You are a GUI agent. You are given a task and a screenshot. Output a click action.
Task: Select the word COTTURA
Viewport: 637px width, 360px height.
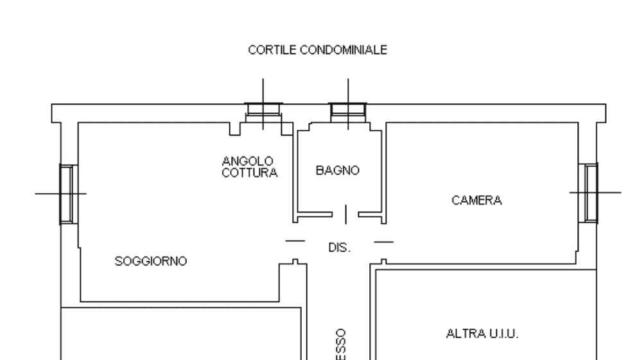250,172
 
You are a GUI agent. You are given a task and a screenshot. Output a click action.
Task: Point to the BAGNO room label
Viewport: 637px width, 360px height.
338,171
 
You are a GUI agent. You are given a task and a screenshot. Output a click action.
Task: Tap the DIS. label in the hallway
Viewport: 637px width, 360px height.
339,247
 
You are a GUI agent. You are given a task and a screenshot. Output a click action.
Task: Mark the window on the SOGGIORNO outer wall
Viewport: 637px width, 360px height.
68,193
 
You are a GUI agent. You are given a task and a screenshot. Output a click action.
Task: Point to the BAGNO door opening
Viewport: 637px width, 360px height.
346,214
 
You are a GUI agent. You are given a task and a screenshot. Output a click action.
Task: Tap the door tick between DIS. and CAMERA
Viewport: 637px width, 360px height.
383,242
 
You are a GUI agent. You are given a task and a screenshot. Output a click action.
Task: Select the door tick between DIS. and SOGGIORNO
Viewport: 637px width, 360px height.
295,241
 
